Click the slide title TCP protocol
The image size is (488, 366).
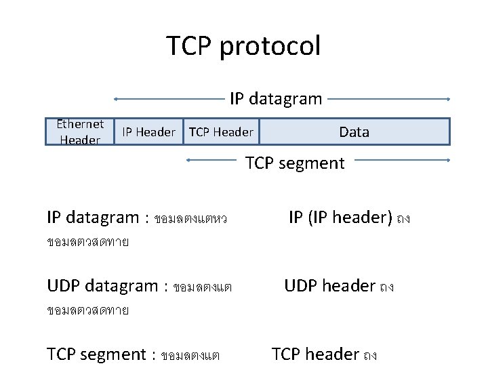point(243,46)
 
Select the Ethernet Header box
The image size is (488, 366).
point(80,132)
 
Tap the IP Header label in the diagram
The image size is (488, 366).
point(148,132)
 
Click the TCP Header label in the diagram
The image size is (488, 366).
point(221,132)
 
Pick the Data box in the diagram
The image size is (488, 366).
point(354,132)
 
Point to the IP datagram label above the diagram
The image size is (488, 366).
point(276,99)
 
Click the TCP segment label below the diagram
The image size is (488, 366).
point(295,163)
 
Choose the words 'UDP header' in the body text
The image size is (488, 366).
point(330,286)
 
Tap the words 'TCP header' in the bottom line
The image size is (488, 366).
point(315,354)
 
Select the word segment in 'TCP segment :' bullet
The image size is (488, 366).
point(113,354)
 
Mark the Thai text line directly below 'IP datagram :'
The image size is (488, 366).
point(88,242)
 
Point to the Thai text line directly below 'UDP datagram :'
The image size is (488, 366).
point(88,310)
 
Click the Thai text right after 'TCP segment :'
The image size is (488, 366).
point(190,355)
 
